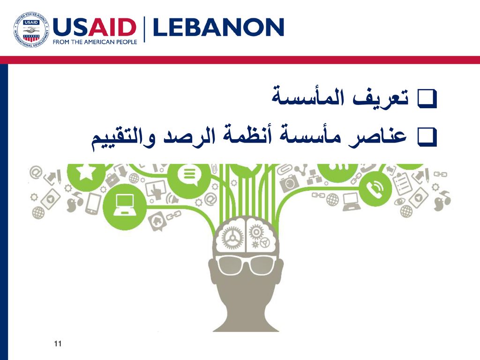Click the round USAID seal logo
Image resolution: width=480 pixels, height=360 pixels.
[x=31, y=30]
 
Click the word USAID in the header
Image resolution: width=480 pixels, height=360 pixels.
[x=95, y=27]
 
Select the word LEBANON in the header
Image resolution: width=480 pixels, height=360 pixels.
[x=218, y=27]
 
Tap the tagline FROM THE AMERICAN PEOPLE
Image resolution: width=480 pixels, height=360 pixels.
[x=95, y=42]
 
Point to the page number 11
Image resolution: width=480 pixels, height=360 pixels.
[x=58, y=344]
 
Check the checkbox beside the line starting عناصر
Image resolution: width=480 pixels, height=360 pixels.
[x=427, y=137]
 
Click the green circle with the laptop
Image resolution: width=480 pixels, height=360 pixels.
[x=124, y=205]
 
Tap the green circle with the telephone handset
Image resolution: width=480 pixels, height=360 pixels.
[x=375, y=188]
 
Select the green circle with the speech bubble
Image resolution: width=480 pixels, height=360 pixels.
[x=189, y=177]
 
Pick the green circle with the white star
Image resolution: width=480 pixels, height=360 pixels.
[x=84, y=175]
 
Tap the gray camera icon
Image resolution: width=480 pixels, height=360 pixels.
[x=288, y=182]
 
